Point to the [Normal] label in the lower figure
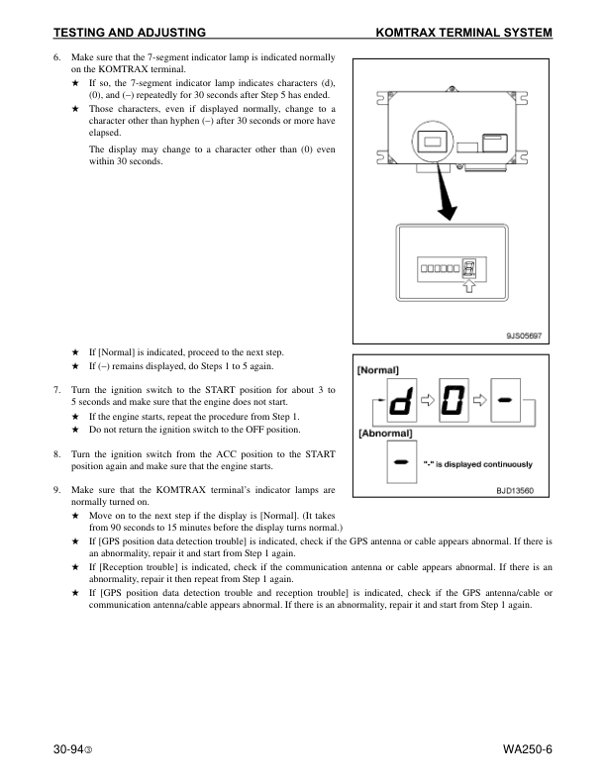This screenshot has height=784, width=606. point(378,369)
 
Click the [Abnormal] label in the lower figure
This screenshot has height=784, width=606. point(385,434)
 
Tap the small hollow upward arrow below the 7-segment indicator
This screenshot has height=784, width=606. point(469,286)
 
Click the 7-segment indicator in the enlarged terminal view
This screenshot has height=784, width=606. point(469,267)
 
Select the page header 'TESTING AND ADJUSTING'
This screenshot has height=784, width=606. point(129,33)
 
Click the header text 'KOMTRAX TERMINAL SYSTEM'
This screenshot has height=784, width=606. point(464,33)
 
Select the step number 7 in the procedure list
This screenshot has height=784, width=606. point(57,391)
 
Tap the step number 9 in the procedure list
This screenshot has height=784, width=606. point(57,490)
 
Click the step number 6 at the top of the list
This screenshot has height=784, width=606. point(57,60)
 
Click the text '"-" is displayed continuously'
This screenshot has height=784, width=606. point(477,464)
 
